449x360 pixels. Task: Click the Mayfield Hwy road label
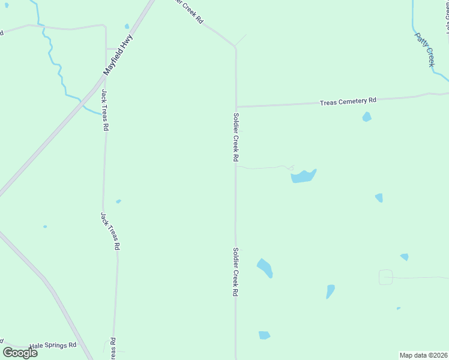tap(118, 55)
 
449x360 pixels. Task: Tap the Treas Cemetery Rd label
tap(348, 102)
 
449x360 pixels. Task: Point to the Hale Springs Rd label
tap(53, 346)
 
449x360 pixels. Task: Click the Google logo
tap(20, 353)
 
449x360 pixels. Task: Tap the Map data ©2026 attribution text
tap(423, 355)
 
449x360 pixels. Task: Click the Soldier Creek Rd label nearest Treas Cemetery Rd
tap(236, 137)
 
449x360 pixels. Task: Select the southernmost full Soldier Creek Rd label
tap(236, 273)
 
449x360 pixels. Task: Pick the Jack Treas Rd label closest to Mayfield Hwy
tap(105, 110)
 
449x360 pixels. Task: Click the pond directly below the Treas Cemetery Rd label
tap(367, 117)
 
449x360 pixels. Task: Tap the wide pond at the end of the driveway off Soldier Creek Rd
tap(303, 176)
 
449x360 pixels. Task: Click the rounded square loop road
tap(385, 277)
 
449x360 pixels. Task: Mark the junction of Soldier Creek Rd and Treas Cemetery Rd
tap(236, 107)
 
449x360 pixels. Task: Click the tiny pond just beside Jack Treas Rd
tap(118, 201)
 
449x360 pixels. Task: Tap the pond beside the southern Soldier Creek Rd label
tap(265, 268)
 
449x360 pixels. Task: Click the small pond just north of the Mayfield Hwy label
tap(127, 26)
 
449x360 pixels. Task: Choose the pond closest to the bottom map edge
tap(264, 335)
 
